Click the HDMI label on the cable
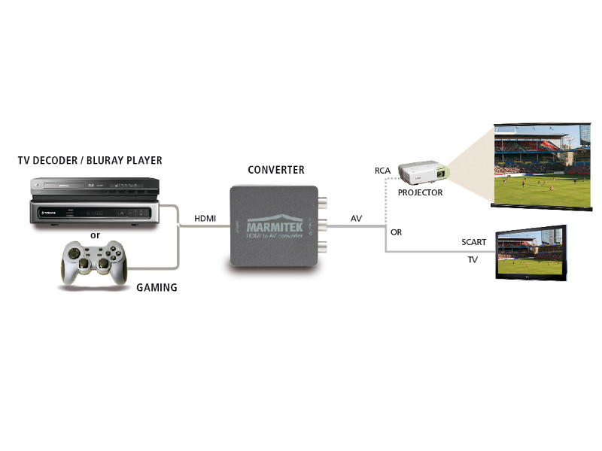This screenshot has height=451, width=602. tap(205, 218)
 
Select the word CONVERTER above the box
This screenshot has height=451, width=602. tap(275, 171)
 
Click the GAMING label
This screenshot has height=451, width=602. tap(157, 287)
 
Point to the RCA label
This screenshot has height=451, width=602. tap(383, 171)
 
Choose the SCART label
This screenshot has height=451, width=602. tap(474, 242)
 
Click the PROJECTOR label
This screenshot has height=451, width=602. tap(420, 192)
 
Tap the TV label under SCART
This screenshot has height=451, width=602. tap(473, 259)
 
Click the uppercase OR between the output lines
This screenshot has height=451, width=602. tap(397, 232)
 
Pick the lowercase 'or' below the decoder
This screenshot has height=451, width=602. tap(95, 235)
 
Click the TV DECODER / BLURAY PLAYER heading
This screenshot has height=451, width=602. tap(90, 161)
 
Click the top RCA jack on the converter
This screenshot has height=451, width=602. tap(324, 201)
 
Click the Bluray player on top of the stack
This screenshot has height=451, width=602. tap(94, 186)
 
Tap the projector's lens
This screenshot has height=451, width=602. tap(443, 174)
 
